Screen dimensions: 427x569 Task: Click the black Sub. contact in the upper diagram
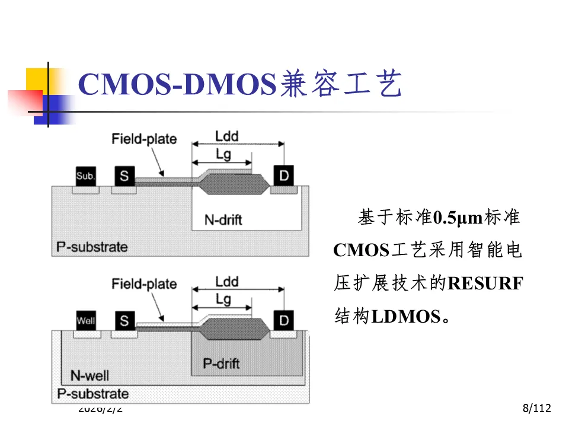pyautogui.click(x=86, y=176)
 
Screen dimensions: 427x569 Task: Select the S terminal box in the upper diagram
pyautogui.click(x=124, y=176)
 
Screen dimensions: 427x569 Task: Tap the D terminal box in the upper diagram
pyautogui.click(x=284, y=175)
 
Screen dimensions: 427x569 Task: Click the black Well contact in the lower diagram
pyautogui.click(x=86, y=321)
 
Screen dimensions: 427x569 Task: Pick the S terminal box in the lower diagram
pyautogui.click(x=124, y=321)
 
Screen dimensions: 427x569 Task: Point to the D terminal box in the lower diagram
pyautogui.click(x=284, y=320)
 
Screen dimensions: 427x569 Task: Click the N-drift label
pyautogui.click(x=223, y=219)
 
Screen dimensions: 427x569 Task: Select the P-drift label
pyautogui.click(x=221, y=364)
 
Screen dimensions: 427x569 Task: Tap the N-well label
pyautogui.click(x=89, y=375)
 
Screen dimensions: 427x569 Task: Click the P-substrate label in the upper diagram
pyautogui.click(x=92, y=246)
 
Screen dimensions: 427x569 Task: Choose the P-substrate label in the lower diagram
pyautogui.click(x=92, y=393)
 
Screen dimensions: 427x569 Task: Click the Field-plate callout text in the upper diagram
pyautogui.click(x=144, y=139)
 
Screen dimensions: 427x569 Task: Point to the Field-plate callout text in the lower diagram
pyautogui.click(x=144, y=284)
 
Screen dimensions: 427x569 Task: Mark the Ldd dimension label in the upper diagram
pyautogui.click(x=226, y=136)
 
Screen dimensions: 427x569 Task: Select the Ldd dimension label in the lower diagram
pyautogui.click(x=226, y=281)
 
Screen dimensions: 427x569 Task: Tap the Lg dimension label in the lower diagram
pyautogui.click(x=223, y=299)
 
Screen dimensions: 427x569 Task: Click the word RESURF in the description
pyautogui.click(x=485, y=283)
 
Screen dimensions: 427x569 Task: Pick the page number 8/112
pyautogui.click(x=537, y=408)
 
